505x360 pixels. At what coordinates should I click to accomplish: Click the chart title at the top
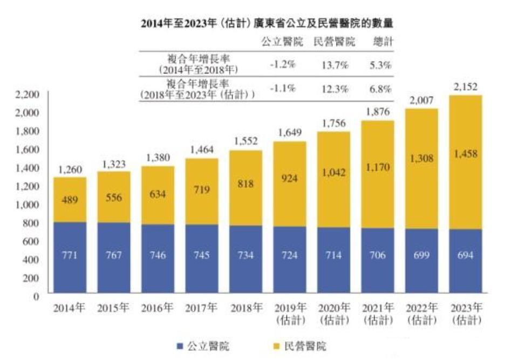pos(267,24)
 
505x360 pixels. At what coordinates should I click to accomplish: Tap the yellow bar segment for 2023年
pos(465,162)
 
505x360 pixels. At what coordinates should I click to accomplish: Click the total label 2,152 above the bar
pos(465,86)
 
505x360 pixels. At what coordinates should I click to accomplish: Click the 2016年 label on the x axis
pos(158,309)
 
